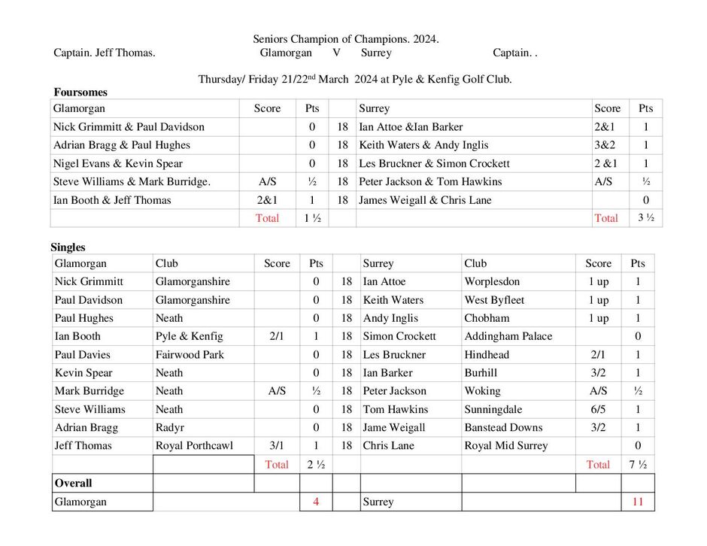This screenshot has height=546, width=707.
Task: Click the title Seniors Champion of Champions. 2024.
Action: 345,39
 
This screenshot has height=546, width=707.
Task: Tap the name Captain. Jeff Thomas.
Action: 105,53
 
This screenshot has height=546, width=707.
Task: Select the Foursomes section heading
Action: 80,93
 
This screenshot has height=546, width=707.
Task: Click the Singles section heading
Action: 68,247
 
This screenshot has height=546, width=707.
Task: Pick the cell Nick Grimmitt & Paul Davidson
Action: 129,127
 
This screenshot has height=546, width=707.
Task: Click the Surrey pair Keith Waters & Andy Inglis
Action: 423,145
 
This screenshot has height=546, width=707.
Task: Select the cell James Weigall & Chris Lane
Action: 425,200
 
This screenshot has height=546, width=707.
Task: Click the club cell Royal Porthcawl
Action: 194,445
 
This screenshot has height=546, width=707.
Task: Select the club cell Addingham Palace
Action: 508,336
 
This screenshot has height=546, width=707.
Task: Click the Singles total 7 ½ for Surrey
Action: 638,464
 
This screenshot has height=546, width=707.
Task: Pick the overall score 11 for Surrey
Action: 638,502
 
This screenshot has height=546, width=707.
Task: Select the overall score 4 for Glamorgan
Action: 316,502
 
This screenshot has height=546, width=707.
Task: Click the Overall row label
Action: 73,483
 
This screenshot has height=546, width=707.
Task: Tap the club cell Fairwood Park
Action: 190,354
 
